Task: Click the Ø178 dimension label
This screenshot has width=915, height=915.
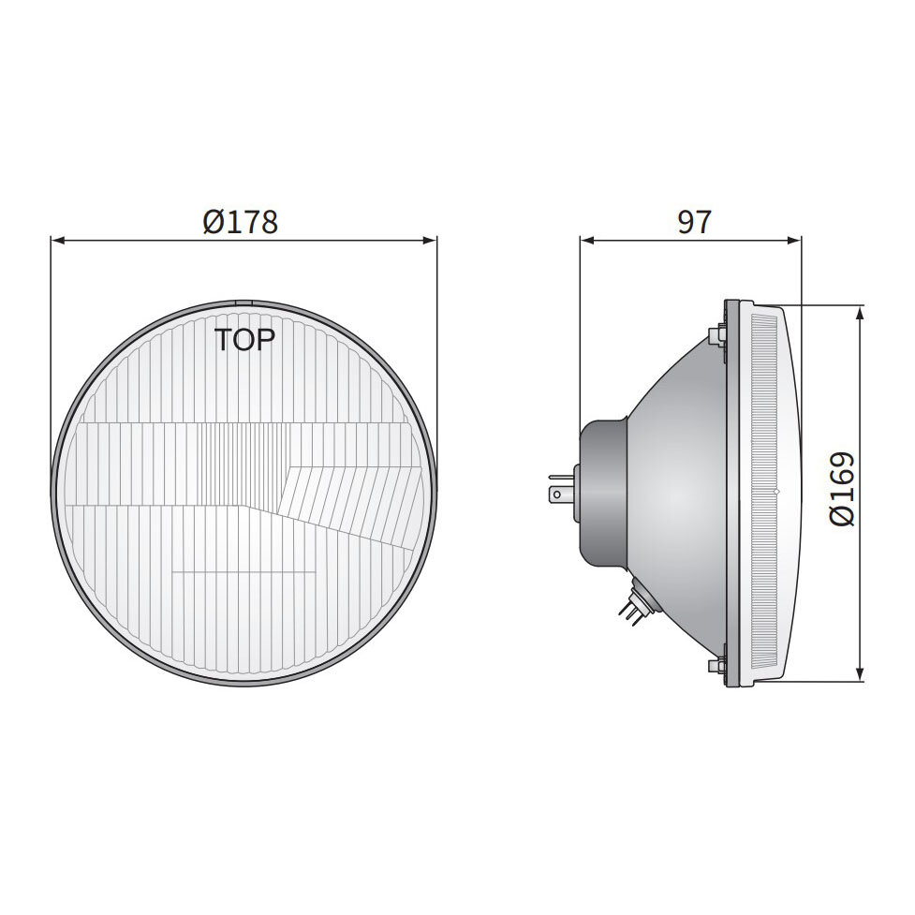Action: [241, 222]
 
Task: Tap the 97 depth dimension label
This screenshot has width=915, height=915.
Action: [693, 222]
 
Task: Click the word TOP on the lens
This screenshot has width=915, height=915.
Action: [244, 340]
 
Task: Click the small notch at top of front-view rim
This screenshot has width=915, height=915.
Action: [244, 303]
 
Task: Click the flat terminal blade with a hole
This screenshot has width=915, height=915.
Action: [560, 491]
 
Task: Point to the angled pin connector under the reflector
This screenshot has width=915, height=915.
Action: [633, 603]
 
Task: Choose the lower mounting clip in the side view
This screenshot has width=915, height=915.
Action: [718, 666]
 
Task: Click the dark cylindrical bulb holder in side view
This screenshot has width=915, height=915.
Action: [604, 491]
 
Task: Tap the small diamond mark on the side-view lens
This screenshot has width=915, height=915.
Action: [776, 492]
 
